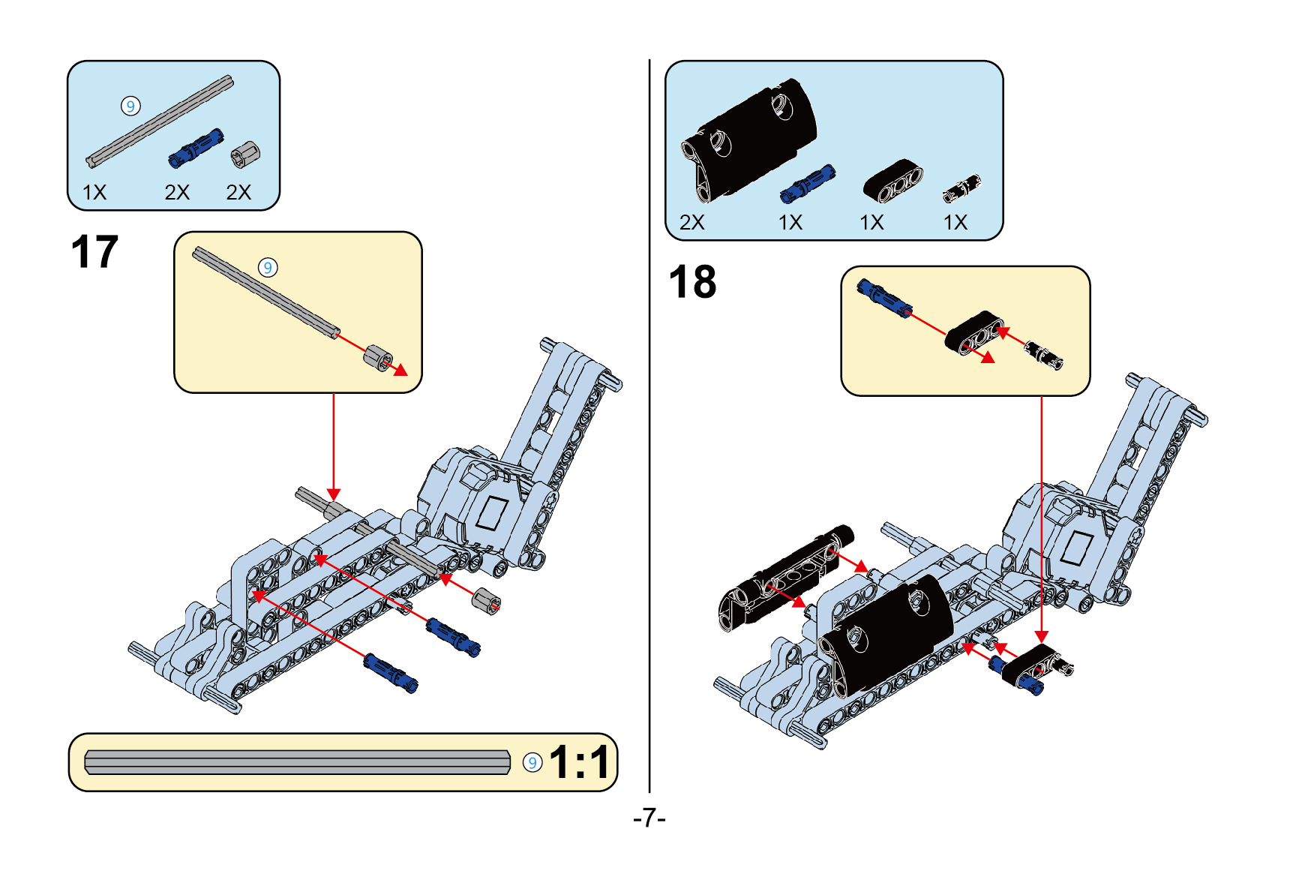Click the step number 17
[x=94, y=252]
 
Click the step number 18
[x=692, y=282]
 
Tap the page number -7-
[x=649, y=817]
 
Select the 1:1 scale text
[x=579, y=763]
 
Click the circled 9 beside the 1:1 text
[x=532, y=763]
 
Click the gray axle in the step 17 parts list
[x=160, y=121]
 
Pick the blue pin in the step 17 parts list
[x=196, y=147]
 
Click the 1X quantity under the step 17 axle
[x=94, y=193]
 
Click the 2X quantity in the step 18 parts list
[x=691, y=223]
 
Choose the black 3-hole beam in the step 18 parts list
[x=892, y=181]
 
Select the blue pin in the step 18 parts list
[x=807, y=184]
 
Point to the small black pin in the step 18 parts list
[x=961, y=188]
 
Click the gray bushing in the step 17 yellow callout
[x=378, y=356]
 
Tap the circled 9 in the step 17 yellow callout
[x=268, y=268]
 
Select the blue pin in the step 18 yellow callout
[x=884, y=297]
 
